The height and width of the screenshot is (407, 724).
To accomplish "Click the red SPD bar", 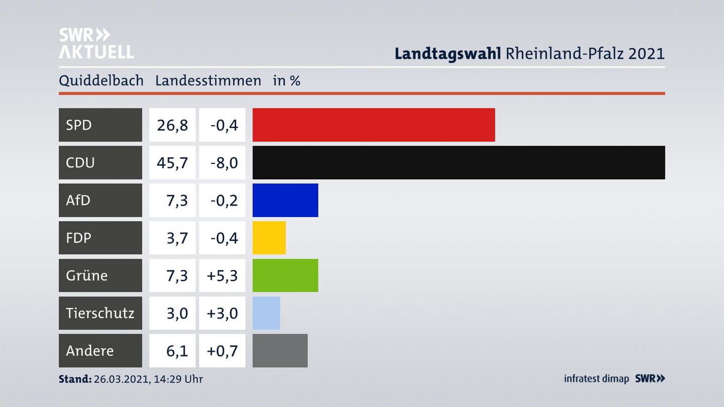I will pos(374,125).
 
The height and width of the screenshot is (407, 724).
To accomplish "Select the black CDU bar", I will pos(459,162).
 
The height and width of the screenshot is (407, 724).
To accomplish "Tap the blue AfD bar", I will pos(285,200).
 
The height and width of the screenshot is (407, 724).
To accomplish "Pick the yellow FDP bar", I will pos(269,238).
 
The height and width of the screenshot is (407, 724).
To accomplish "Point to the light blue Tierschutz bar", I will pos(266,313).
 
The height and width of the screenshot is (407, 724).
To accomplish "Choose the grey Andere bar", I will pos(280,351).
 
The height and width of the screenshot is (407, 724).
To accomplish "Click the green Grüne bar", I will pos(285,275).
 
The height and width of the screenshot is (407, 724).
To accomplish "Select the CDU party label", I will pos(80,162).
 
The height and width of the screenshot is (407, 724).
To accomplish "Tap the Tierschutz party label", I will pos(100,313).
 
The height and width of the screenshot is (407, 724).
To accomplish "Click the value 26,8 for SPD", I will pos(172,125).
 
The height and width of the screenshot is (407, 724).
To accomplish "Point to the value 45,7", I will pos(172,163).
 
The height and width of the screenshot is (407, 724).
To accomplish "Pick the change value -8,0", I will pos(224,163).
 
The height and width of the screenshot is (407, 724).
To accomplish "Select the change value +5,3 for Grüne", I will pos(222,276).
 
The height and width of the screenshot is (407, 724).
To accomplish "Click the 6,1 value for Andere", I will pos(177,351).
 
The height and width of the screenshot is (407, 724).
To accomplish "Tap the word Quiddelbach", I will pos(101,81).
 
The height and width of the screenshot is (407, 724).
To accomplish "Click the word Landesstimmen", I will pos(208,81).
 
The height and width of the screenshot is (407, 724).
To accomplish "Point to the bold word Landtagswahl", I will pos(447,53).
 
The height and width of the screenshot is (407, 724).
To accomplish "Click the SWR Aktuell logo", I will pos(96,43).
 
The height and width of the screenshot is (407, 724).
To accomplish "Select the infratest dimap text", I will pos(596,379).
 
